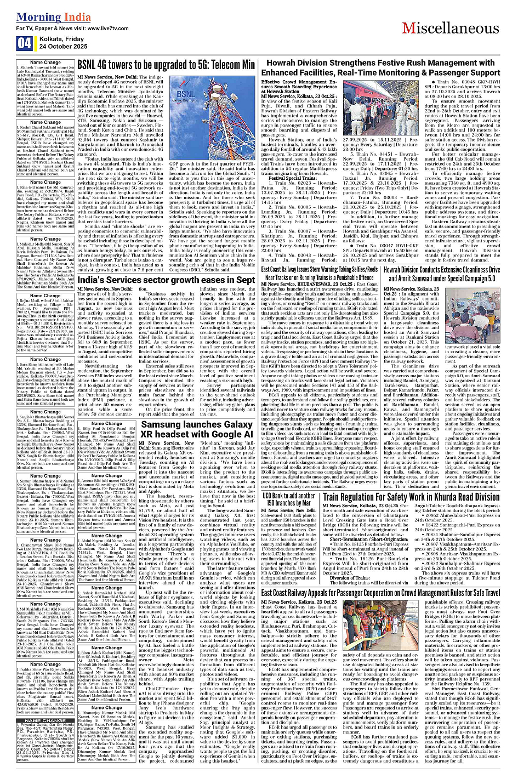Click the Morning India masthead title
(x=54, y=17)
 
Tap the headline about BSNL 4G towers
(x=166, y=65)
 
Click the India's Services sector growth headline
(x=166, y=280)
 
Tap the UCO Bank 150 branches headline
(x=304, y=499)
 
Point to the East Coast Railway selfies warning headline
(x=327, y=274)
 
